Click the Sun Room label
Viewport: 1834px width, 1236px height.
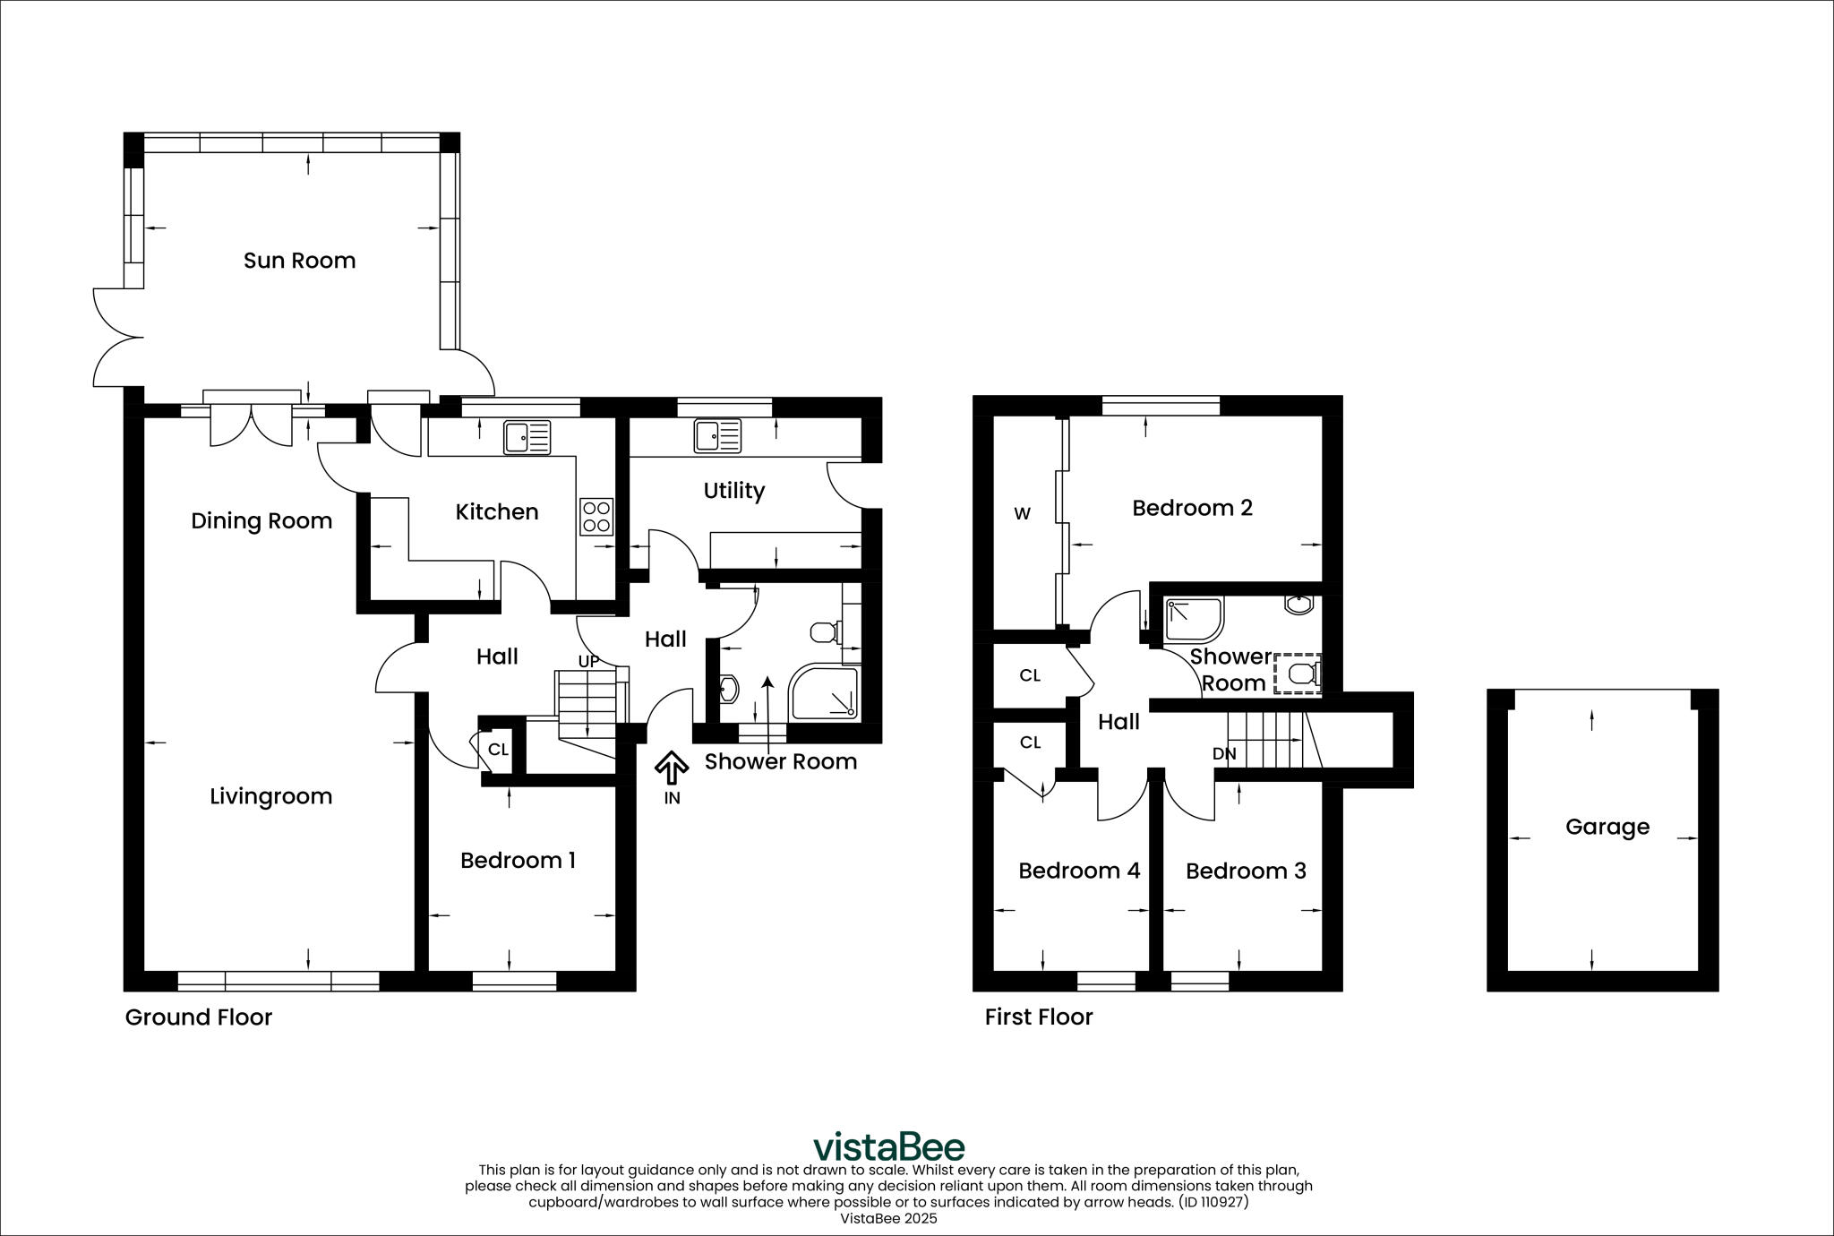pos(299,261)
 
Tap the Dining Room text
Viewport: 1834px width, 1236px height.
pos(261,521)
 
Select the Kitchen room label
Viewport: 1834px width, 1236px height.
pos(497,512)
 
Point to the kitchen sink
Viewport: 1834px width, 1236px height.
pos(527,437)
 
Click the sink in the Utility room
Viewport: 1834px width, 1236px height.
pos(716,436)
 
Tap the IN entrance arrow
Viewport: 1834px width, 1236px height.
pos(672,768)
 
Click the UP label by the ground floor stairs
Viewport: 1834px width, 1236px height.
pos(588,662)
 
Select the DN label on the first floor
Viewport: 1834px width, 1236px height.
pos(1224,754)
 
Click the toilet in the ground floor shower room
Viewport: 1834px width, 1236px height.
pos(824,632)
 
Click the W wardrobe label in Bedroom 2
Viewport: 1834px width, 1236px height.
pos(1022,514)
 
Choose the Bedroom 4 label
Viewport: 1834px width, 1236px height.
pos(1079,871)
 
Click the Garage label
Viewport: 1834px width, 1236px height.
pos(1607,827)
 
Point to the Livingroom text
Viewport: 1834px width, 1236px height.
pos(270,796)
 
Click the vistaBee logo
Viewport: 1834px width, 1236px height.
pos(888,1146)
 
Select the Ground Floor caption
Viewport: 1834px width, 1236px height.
pos(198,1017)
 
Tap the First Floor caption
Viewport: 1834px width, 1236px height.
pos(1038,1017)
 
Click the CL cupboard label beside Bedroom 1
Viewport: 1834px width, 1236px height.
pos(498,749)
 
